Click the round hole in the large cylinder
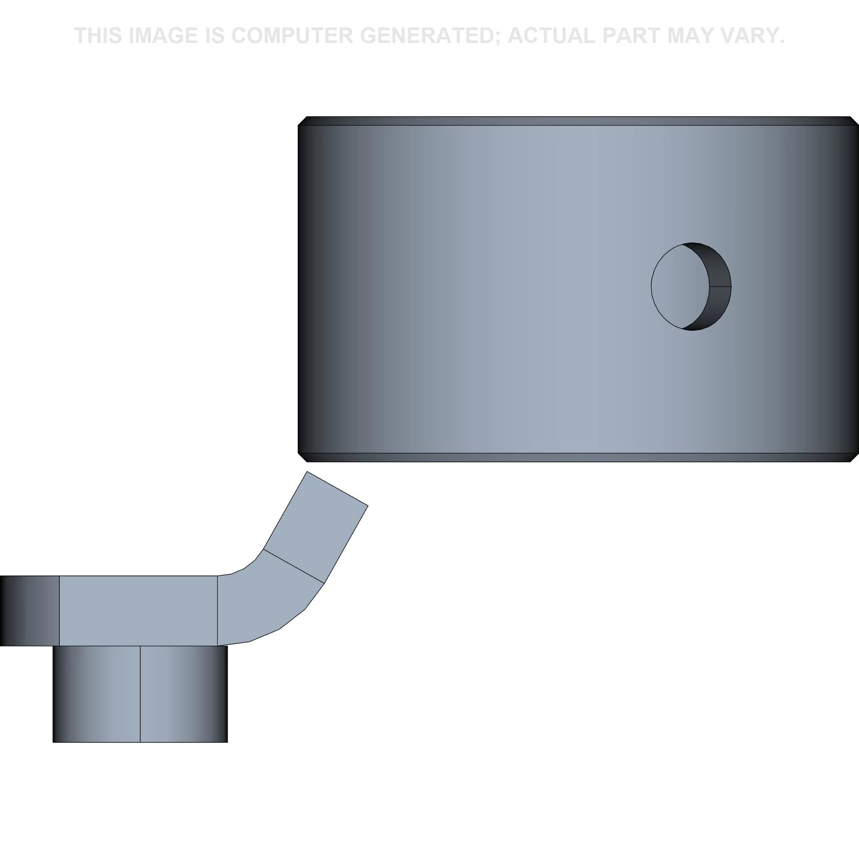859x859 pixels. (x=691, y=287)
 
